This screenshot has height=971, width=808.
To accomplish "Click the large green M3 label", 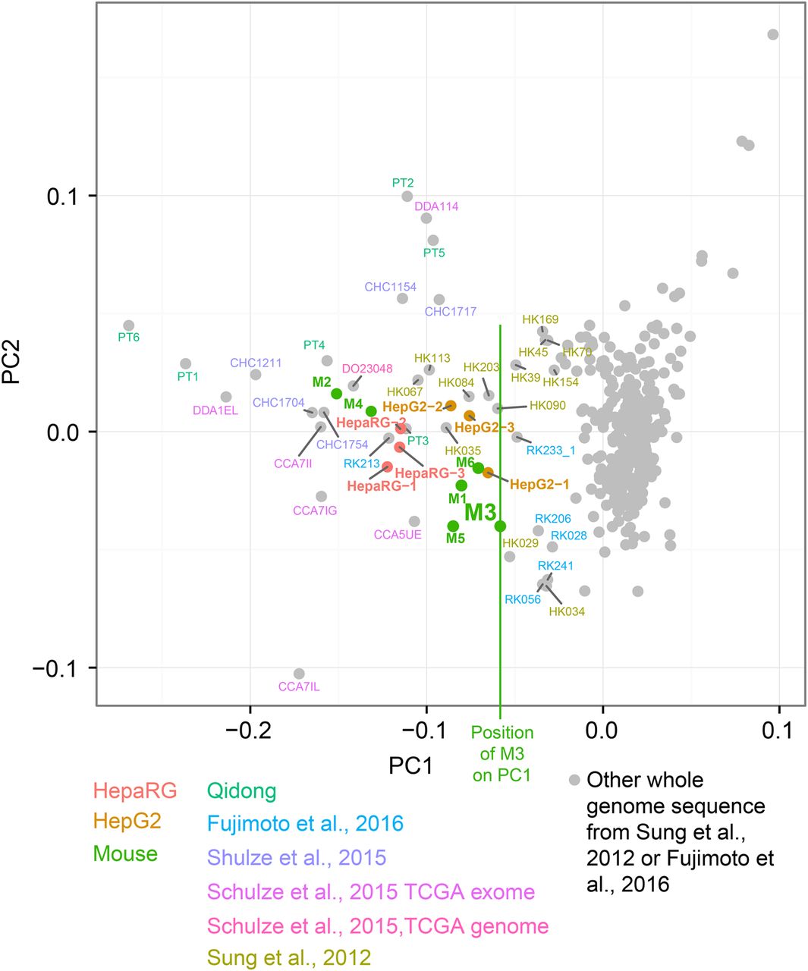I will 479,512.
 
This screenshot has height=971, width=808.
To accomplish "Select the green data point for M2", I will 336,393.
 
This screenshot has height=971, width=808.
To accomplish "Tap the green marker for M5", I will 453,526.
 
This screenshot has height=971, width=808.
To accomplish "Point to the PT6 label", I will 129,337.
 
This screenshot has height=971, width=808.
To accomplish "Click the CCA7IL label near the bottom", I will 299,687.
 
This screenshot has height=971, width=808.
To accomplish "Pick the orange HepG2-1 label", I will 539,484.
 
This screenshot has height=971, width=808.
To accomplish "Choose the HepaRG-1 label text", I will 382,485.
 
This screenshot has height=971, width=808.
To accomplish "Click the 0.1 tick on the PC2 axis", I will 64,196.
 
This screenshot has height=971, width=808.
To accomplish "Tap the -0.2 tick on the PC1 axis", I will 250,733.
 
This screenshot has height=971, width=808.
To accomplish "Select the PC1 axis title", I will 411,766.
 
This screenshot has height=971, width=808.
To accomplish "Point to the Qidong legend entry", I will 242,791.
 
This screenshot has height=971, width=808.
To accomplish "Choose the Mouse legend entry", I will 125,853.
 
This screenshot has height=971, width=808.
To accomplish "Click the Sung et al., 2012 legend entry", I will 289,957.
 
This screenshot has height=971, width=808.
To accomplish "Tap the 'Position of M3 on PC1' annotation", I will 502,754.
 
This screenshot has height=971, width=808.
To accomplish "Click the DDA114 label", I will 436,206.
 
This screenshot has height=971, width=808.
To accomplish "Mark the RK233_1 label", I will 551,451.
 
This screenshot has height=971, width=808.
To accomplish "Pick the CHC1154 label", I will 390,287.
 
